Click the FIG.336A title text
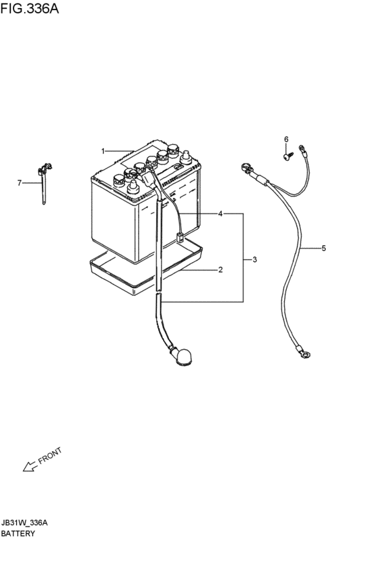pos(29,7)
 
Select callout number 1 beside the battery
pos(103,151)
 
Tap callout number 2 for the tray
pos(220,270)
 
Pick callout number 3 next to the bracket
pos(254,259)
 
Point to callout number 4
pos(220,213)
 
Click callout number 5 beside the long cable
pos(324,248)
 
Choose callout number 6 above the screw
pos(286,139)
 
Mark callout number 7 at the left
pos(20,182)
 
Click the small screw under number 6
pos(288,156)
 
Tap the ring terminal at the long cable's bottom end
pos(305,353)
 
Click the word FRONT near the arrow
pos(50,455)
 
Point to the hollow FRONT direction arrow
pos(30,466)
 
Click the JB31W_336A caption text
pos(24,523)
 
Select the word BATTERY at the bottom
pos(18,533)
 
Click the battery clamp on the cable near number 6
pos(246,169)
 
